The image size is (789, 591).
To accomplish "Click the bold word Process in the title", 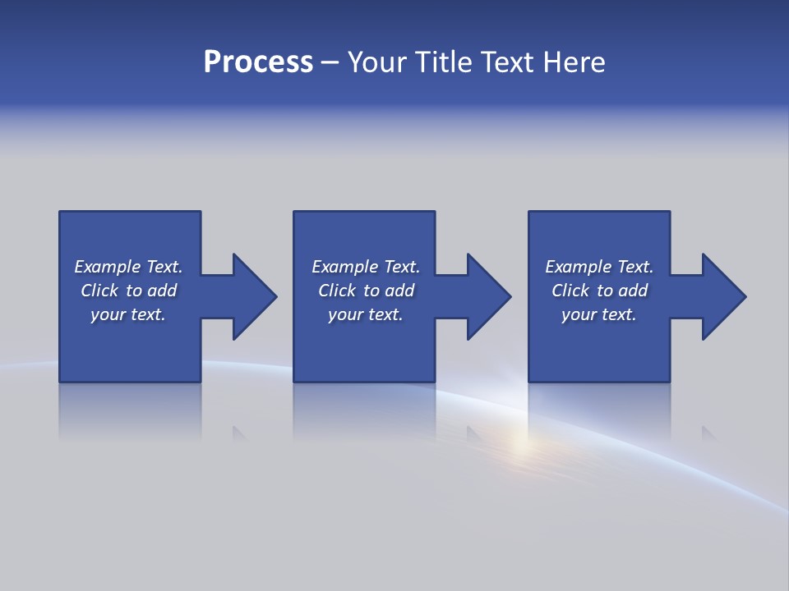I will coord(258,62).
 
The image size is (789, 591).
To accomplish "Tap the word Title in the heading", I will coord(444,62).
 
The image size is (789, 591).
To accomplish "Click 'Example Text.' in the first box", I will coord(128,267).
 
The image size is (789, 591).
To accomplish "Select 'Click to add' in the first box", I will coord(128,291).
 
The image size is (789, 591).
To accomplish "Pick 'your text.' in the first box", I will coord(128,314).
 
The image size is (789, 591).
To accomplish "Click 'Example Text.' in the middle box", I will coord(366,267).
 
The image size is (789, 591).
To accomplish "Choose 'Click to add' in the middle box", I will coord(366,291).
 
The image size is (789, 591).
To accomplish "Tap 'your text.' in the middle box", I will coord(366,314).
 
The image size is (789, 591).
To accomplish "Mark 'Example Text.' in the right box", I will coord(599,267).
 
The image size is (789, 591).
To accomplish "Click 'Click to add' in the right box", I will coord(599,291).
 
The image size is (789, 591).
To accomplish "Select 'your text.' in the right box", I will coord(599,314).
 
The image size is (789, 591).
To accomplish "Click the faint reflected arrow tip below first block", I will coord(239,433).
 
